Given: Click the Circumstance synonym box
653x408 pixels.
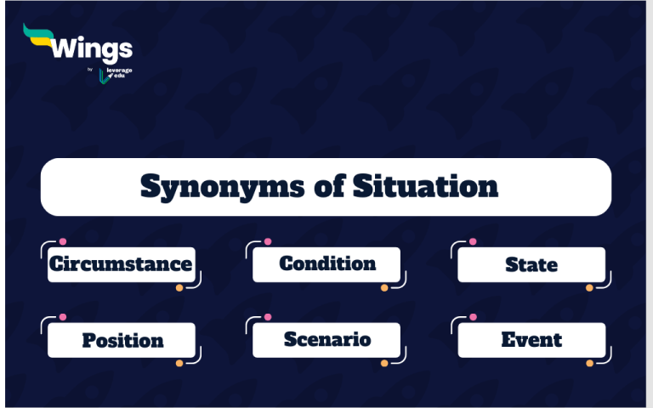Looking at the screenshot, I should click(121, 264).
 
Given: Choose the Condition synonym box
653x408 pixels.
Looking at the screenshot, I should click(326, 264).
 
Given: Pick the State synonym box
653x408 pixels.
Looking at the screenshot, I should click(531, 264).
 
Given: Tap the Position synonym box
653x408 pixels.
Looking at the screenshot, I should click(122, 340).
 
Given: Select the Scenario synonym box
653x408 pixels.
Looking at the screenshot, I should click(326, 340).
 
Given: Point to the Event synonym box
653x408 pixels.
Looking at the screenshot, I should click(531, 340).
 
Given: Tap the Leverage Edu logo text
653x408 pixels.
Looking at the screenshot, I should click(120, 73).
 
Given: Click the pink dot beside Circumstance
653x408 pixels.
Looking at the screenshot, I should click(63, 241).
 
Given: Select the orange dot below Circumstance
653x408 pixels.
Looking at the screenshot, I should click(179, 288).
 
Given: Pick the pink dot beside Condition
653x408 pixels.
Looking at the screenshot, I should click(268, 241).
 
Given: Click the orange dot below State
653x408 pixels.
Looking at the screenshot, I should click(589, 288).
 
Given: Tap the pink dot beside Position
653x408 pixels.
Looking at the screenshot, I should click(63, 317).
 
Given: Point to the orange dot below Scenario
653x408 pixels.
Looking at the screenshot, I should click(384, 363).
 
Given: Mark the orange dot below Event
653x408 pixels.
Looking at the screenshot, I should click(589, 363).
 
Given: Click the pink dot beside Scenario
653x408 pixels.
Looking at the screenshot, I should click(268, 317).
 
